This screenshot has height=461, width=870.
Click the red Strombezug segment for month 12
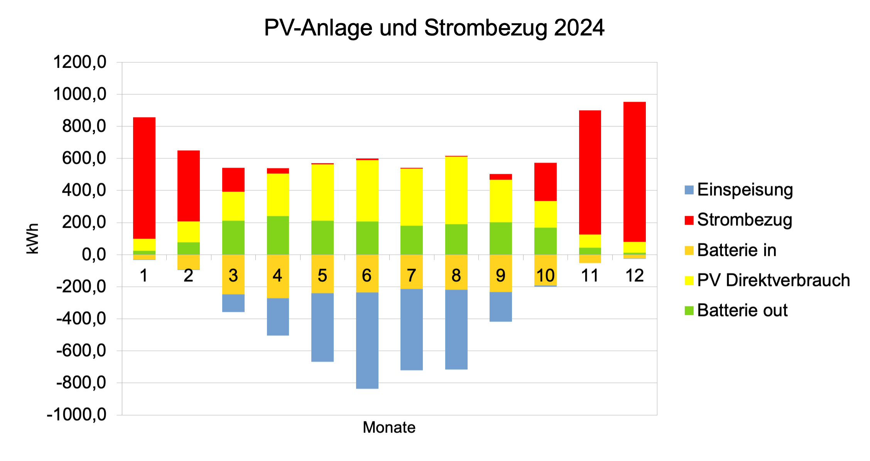[634, 172]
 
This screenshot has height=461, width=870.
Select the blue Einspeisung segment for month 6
[367, 340]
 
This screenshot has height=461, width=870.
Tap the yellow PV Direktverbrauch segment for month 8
[456, 190]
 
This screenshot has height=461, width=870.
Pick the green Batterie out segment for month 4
[278, 235]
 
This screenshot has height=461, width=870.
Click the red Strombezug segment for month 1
[144, 178]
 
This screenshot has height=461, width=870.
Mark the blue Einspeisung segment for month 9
[500, 306]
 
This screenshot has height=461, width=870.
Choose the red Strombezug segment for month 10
[545, 182]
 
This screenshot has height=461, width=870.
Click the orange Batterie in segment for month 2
[188, 262]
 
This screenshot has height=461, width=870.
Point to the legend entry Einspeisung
[745, 190]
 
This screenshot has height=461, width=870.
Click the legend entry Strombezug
[744, 220]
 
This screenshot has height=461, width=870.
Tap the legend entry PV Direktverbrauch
[773, 280]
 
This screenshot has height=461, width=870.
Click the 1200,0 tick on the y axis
[79, 62]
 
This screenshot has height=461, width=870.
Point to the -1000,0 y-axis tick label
[76, 415]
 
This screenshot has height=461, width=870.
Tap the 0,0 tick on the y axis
[94, 254]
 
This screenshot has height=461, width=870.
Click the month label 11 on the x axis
[590, 276]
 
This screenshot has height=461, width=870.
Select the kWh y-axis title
[33, 239]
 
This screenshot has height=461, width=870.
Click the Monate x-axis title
[389, 427]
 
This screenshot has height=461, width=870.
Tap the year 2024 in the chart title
[579, 28]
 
